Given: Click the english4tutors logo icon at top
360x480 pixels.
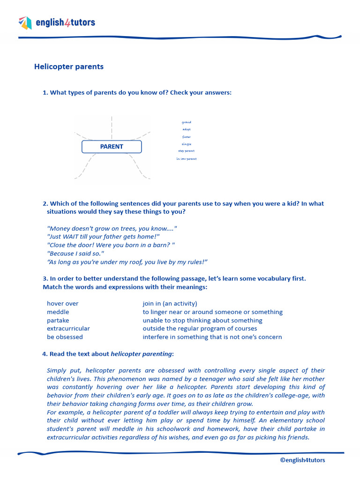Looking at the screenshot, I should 25,22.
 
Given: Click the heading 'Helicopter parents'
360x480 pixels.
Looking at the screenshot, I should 69,67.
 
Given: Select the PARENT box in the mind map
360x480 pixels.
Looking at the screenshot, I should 112,147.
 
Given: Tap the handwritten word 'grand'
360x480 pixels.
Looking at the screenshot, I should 187,122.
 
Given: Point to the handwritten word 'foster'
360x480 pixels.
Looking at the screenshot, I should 187,137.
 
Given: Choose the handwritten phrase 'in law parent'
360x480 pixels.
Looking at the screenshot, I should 187,159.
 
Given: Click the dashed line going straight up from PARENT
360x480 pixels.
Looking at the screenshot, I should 112,127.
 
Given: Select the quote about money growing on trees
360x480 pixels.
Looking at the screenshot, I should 112,228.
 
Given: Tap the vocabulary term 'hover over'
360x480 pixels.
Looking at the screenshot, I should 63,304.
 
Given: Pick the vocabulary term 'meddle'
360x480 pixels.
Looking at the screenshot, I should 58,312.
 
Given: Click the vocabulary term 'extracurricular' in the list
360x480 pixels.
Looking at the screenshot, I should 68,329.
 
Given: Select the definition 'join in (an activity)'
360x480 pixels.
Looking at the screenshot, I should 170,304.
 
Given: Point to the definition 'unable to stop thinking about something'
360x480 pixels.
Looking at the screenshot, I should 202,321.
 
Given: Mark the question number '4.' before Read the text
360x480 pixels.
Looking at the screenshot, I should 45,354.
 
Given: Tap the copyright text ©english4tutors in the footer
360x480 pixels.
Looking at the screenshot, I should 302,460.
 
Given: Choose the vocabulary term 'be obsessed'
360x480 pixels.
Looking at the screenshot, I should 65,337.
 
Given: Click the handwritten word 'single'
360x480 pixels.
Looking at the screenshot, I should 187,144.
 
